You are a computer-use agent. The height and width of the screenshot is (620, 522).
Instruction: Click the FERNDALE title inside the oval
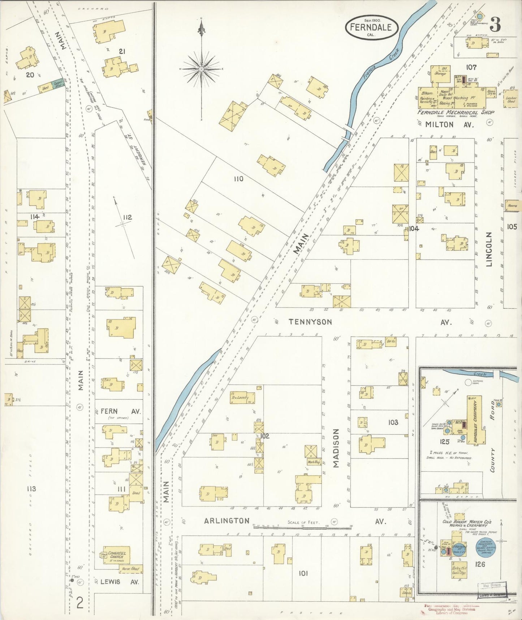(x=371, y=27)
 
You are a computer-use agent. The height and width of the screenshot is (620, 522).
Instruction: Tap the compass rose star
(x=201, y=68)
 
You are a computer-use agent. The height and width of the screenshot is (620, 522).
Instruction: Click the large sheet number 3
(x=495, y=24)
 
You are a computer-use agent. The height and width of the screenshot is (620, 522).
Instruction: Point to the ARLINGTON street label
(x=227, y=521)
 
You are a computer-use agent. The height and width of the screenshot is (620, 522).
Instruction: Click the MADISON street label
(x=336, y=449)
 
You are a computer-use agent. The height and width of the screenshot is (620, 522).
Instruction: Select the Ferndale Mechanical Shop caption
(x=456, y=112)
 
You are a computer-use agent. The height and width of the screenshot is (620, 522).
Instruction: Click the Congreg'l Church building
(x=116, y=555)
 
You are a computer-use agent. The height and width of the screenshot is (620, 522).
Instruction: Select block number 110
(x=238, y=179)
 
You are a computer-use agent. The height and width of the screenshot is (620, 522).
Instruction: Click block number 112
(x=127, y=217)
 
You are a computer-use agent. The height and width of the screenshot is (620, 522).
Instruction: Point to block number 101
(x=303, y=573)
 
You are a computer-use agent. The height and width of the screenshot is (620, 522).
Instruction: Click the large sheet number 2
(x=80, y=603)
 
